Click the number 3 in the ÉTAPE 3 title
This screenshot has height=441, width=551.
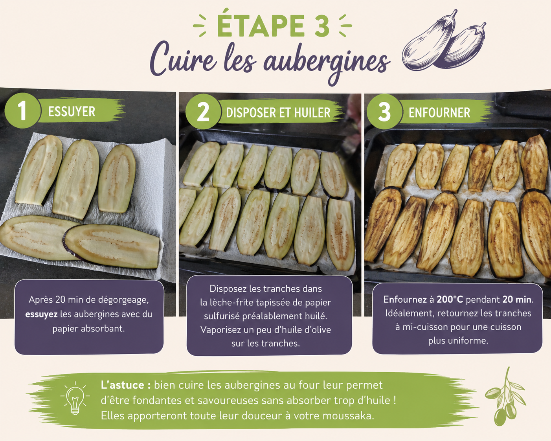321,26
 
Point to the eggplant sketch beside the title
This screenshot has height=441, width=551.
444,42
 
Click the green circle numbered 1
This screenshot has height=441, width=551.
22,110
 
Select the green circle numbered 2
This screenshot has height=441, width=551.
203,112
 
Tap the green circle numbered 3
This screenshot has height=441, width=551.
384,112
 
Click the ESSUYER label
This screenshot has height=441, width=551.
72,112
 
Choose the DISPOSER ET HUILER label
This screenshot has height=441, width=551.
278,113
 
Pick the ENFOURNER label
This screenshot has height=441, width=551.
439,113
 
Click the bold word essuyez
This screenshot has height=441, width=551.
41,314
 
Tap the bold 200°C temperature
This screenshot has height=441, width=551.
450,300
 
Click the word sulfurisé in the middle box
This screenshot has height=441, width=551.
222,316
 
